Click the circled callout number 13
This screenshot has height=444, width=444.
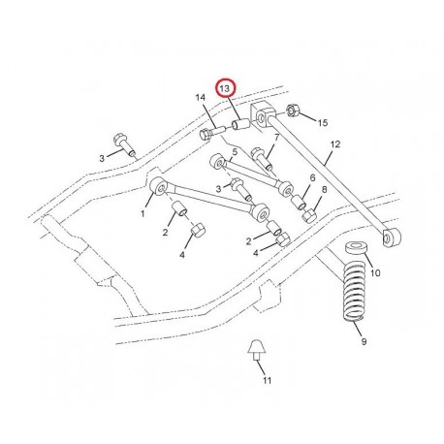pyautogui.click(x=225, y=88)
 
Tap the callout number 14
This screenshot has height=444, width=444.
pyautogui.click(x=201, y=97)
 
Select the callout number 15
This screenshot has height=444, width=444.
pyautogui.click(x=323, y=123)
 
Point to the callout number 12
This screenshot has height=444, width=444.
pyautogui.click(x=335, y=144)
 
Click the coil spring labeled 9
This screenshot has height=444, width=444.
pyautogui.click(x=353, y=292)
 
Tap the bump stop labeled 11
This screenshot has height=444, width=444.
pyautogui.click(x=258, y=350)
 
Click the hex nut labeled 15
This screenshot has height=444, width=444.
pyautogui.click(x=293, y=111)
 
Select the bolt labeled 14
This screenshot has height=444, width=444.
pyautogui.click(x=211, y=133)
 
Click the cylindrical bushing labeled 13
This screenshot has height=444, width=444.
pyautogui.click(x=241, y=124)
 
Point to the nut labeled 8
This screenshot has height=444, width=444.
pyautogui.click(x=308, y=216)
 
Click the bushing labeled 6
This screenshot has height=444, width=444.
pyautogui.click(x=299, y=203)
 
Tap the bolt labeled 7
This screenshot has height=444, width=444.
pyautogui.click(x=262, y=157)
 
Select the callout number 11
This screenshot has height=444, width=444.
pyautogui.click(x=267, y=380)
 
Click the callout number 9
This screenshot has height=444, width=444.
pyautogui.click(x=364, y=341)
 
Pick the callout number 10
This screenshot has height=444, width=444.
pyautogui.click(x=375, y=273)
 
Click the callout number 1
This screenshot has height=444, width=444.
pyautogui.click(x=143, y=213)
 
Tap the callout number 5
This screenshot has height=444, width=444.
pyautogui.click(x=235, y=151)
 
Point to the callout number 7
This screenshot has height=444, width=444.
pyautogui.click(x=276, y=138)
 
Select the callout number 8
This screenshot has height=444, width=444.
pyautogui.click(x=324, y=189)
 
